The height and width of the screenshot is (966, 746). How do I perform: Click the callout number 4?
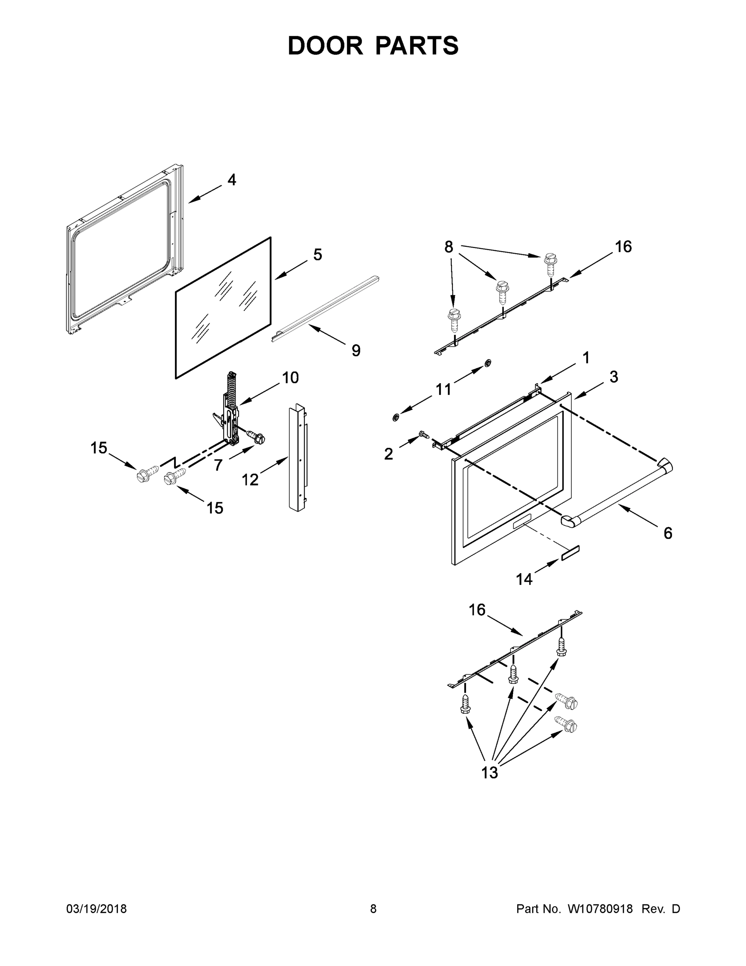coord(232,180)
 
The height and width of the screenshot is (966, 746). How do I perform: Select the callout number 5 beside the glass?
coord(317,255)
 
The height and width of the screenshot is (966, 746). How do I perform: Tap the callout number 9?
coord(356,351)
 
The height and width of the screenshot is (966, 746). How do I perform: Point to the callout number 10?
coord(290,378)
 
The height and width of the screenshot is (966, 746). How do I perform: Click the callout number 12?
coord(250,480)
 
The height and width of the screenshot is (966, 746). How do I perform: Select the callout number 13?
coord(489,773)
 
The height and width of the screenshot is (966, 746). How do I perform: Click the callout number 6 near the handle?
coord(668,533)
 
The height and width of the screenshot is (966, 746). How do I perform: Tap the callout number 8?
coord(448,247)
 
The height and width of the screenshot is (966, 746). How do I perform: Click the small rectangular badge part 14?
coord(570,553)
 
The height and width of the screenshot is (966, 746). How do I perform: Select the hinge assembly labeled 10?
coord(230,409)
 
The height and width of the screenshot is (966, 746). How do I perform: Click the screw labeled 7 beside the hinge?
coord(256,437)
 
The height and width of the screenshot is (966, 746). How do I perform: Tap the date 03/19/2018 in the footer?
coord(97,909)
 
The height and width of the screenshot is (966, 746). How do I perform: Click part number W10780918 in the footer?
coord(600,909)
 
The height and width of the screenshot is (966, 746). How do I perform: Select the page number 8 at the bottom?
coord(373,909)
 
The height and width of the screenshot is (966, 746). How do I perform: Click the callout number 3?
coord(613,377)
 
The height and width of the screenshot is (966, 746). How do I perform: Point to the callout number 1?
coord(586,358)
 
